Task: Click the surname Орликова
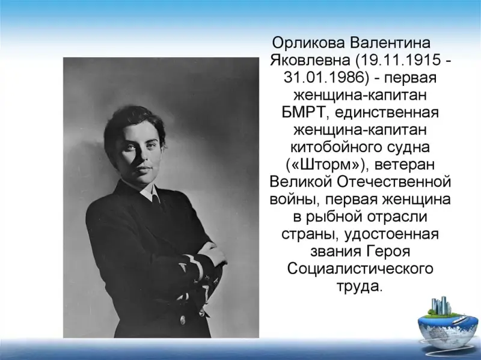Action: point(308,43)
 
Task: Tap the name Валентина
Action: point(391,43)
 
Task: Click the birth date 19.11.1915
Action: point(399,61)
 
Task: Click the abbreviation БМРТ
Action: point(303,112)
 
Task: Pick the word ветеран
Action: point(405,165)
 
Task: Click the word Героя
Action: point(388,252)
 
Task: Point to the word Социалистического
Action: point(360,269)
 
